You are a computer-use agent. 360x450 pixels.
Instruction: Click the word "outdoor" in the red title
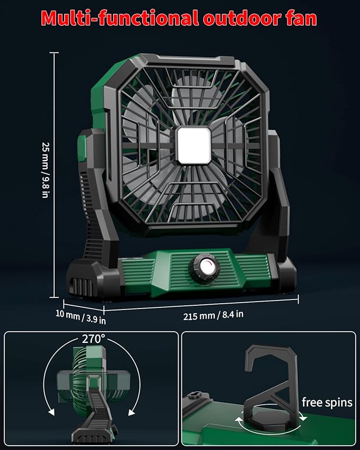[241, 18]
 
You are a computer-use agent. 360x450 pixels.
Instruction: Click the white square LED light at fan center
[194, 146]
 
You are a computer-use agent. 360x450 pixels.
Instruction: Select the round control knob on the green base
[204, 269]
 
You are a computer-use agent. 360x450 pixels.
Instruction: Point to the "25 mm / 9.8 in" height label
[46, 170]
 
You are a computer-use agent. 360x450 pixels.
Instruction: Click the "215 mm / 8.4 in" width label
[213, 315]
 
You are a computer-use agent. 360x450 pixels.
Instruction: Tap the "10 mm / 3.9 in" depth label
[81, 316]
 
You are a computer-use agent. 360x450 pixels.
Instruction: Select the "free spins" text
[327, 402]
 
